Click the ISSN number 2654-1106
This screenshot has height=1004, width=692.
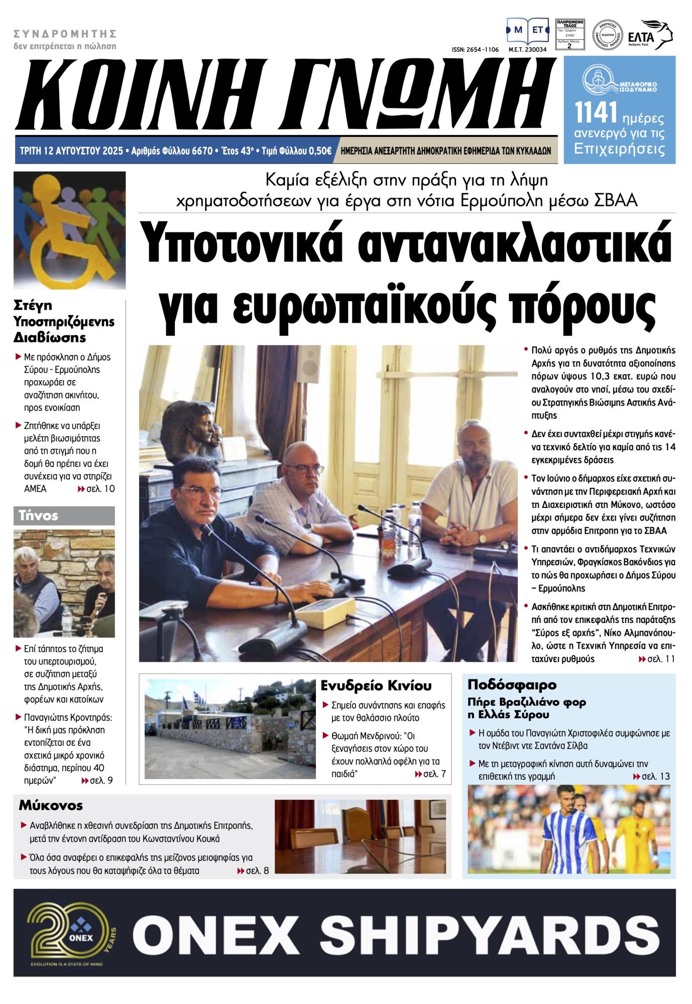pyautogui.click(x=475, y=50)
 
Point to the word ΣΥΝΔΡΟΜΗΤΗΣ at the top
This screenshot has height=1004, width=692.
pyautogui.click(x=65, y=34)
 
